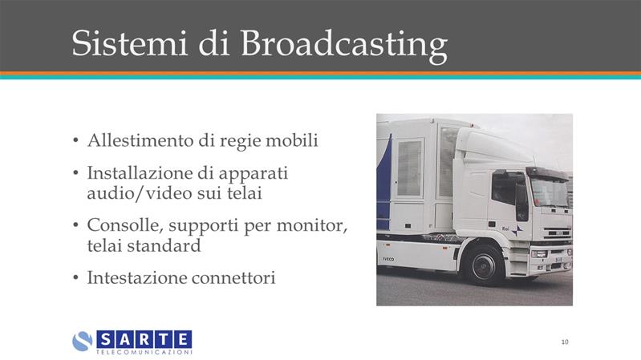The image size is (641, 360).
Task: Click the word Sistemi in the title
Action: [x=129, y=43]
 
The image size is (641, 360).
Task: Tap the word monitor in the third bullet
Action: [x=312, y=225]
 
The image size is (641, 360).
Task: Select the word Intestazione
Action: [x=137, y=278]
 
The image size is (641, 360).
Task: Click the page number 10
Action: [x=565, y=342]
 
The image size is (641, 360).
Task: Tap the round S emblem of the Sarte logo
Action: [x=82, y=342]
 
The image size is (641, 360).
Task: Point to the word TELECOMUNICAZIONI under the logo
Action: [x=144, y=352]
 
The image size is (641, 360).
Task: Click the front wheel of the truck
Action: [x=484, y=265]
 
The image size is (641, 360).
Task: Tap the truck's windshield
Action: [x=549, y=192]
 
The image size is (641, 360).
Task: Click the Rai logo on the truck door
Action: [x=512, y=230]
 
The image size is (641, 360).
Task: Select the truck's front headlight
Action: [x=539, y=254]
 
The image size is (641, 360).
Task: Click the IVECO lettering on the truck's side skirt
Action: [x=388, y=259]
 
